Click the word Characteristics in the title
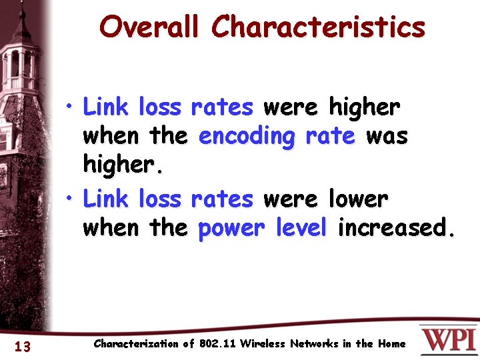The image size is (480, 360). pyautogui.click(x=318, y=27)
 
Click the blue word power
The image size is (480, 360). pyautogui.click(x=229, y=228)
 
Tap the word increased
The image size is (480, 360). pyautogui.click(x=396, y=228)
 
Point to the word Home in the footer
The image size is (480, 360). pyautogui.click(x=391, y=344)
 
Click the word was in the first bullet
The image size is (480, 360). pyautogui.click(x=387, y=136)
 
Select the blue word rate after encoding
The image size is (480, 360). pyautogui.click(x=331, y=136)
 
